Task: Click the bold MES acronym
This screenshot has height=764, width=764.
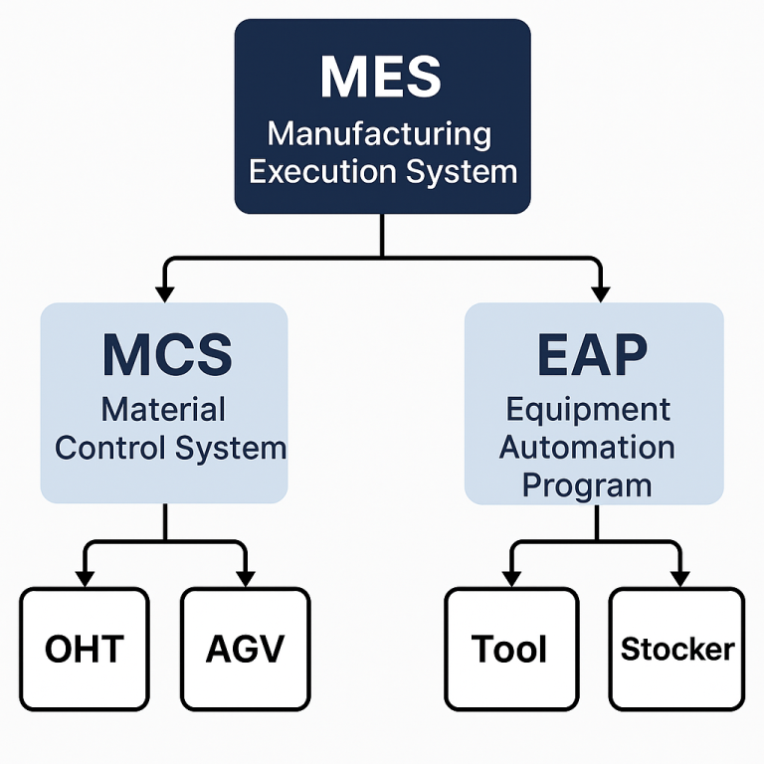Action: click(x=382, y=78)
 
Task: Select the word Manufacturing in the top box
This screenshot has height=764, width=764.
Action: click(x=379, y=133)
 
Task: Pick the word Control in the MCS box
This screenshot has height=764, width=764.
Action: click(x=110, y=448)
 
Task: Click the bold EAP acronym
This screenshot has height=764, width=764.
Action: click(x=593, y=354)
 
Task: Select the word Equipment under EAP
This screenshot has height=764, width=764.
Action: click(x=588, y=409)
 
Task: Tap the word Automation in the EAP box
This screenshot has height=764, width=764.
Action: click(x=587, y=448)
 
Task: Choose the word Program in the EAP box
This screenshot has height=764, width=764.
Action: click(x=587, y=485)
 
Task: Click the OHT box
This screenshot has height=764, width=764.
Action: click(x=85, y=649)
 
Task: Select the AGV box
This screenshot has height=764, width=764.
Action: click(x=245, y=649)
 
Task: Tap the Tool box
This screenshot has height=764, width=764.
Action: click(x=510, y=649)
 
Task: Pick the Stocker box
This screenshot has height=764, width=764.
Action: click(x=676, y=649)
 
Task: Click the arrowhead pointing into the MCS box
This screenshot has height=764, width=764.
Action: click(x=165, y=292)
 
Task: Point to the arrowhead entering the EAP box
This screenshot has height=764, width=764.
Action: click(x=600, y=292)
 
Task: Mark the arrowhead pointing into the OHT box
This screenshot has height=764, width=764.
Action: click(x=85, y=577)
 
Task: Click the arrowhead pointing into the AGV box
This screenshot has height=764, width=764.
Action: click(x=245, y=577)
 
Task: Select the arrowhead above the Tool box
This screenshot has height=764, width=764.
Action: click(x=511, y=577)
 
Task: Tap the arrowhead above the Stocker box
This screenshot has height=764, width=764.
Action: click(x=679, y=577)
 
